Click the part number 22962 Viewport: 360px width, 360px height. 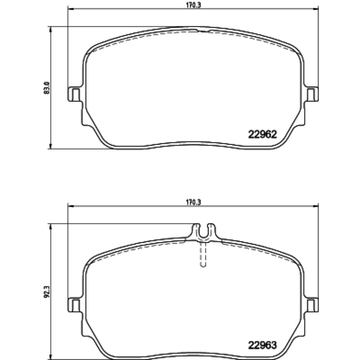click(263, 134)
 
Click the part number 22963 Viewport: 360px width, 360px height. click(263, 345)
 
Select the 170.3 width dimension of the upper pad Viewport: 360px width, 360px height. click(193, 5)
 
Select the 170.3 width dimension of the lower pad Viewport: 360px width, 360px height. click(193, 202)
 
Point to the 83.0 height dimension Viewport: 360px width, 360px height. click(46, 88)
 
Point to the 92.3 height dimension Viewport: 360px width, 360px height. click(46, 292)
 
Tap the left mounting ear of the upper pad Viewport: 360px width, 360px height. click(75, 94)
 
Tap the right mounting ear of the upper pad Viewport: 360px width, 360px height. click(311, 94)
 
